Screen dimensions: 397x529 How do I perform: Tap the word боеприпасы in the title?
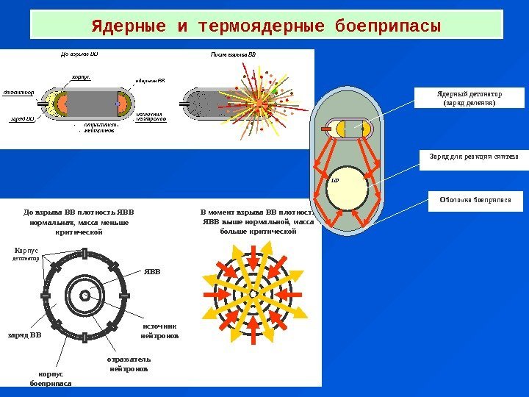click(x=387, y=27)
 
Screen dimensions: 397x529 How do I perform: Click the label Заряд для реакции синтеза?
click(x=469, y=157)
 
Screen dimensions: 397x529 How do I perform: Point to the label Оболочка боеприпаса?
click(x=469, y=198)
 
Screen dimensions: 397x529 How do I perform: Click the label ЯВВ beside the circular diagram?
click(x=151, y=271)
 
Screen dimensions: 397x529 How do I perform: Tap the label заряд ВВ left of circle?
click(x=25, y=335)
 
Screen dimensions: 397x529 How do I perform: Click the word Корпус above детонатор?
click(x=26, y=251)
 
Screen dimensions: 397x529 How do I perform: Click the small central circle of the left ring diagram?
click(x=84, y=295)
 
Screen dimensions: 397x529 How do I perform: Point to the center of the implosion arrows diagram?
click(x=252, y=294)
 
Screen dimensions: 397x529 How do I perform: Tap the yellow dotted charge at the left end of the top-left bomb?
click(x=51, y=104)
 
